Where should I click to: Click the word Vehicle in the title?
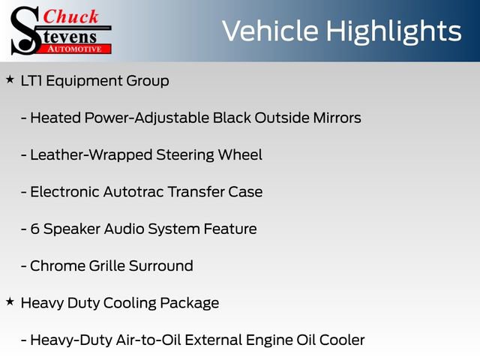point(271,31)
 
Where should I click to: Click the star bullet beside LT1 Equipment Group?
point(10,79)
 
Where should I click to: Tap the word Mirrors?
point(333,118)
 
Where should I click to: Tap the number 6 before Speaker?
point(34,229)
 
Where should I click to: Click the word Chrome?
point(57,265)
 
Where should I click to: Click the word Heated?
point(55,118)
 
